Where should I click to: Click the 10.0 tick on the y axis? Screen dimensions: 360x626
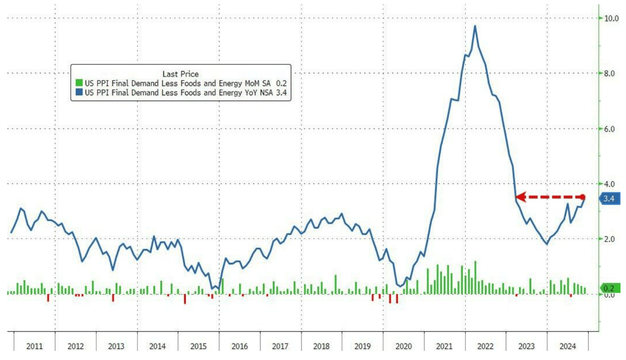click(610, 18)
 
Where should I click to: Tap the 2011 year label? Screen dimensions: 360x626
click(34, 346)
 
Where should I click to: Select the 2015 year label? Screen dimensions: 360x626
click(198, 346)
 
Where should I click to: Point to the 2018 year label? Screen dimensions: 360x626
click(321, 346)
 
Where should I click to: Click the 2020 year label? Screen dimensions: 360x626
click(403, 346)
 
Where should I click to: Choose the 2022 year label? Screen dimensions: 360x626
click(485, 346)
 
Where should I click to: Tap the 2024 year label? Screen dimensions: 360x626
click(567, 346)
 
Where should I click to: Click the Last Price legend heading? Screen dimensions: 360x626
click(180, 74)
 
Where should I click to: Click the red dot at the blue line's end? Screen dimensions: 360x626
click(583, 197)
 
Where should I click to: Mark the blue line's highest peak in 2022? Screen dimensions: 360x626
click(475, 26)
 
